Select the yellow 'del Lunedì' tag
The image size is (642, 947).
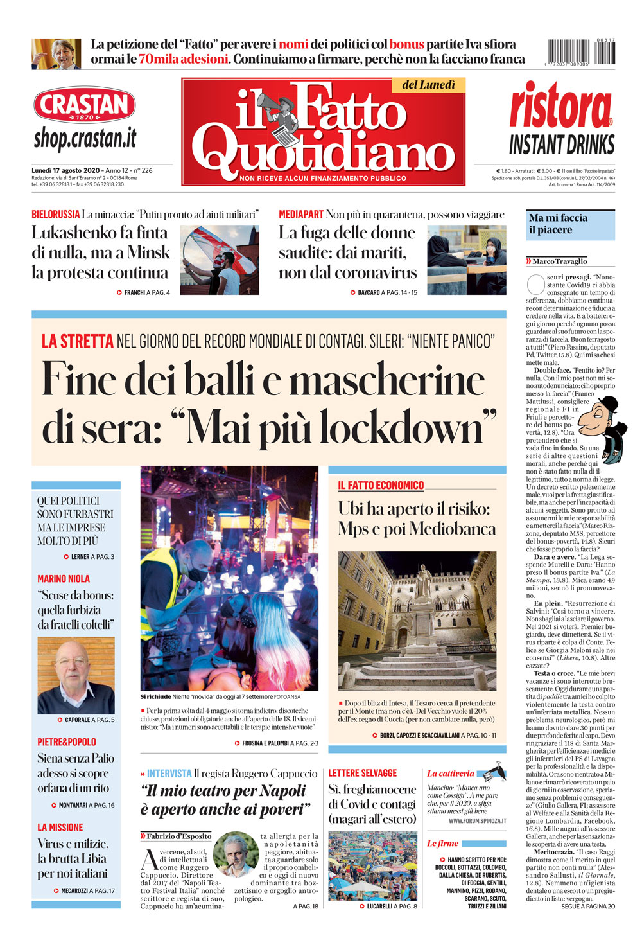tap(428, 85)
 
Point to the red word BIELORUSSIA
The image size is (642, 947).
tap(56, 215)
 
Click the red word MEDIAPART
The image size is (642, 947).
tap(301, 215)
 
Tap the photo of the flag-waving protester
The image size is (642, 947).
tap(220, 260)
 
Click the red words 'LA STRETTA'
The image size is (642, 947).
tap(78, 341)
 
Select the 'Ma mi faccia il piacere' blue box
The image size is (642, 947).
tap(570, 224)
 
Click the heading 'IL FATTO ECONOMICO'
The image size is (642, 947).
tap(381, 486)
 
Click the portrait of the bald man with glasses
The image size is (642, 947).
tap(76, 675)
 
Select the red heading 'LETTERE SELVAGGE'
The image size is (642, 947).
tap(363, 774)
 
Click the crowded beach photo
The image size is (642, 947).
tap(372, 866)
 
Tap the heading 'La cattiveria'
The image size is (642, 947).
tap(451, 774)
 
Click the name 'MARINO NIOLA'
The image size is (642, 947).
tap(64, 579)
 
